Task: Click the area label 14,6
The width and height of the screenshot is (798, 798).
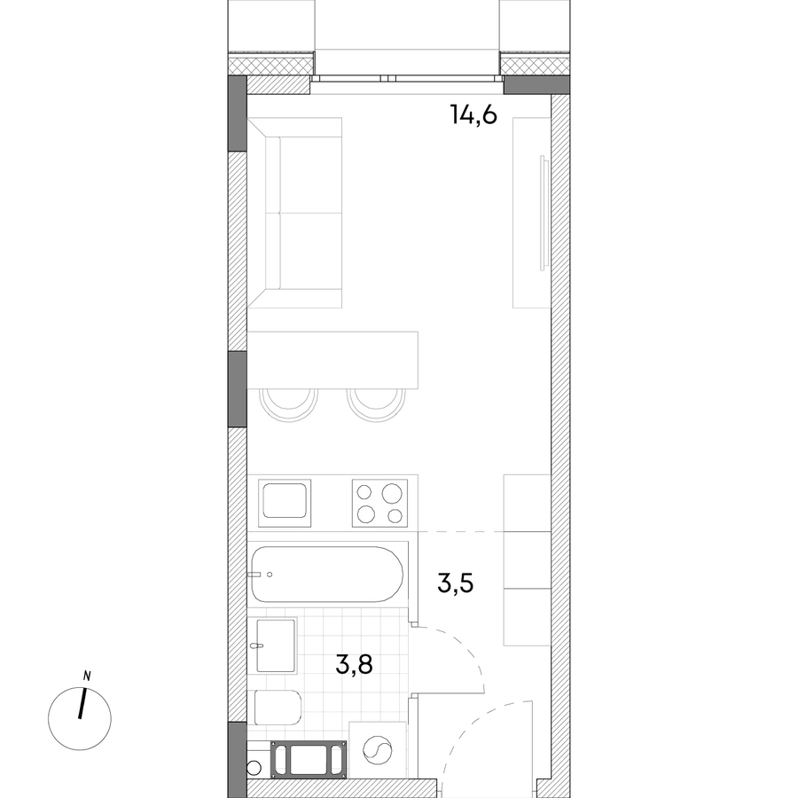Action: (473, 115)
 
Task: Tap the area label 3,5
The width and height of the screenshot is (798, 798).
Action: (456, 583)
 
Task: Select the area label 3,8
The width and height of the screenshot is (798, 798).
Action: (354, 664)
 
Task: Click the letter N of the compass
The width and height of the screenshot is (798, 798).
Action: (87, 677)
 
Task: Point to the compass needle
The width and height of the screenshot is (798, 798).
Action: (82, 704)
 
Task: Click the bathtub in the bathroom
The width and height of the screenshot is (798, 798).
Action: (327, 574)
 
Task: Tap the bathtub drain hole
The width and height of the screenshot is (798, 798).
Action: (270, 575)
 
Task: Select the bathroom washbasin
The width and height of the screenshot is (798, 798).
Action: (276, 645)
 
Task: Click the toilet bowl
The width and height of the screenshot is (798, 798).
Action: (278, 707)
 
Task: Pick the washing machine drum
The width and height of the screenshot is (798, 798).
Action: (378, 750)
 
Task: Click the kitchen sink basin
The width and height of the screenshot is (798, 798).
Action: (285, 500)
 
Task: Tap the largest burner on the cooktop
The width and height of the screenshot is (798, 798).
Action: (392, 493)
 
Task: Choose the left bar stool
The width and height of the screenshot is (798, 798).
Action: (288, 404)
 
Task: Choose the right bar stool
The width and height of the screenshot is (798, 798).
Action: (377, 404)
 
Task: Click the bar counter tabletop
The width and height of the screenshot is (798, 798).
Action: (332, 360)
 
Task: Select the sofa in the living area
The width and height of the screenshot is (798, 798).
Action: (294, 213)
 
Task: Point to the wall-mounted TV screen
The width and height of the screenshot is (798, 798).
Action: (544, 211)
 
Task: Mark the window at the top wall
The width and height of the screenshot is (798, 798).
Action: (407, 78)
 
